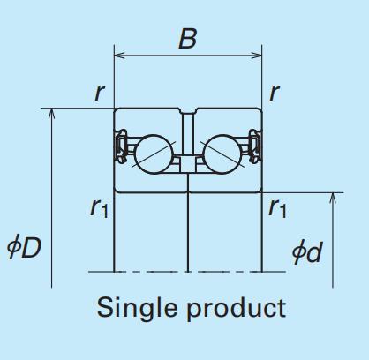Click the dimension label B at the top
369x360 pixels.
pyautogui.click(x=187, y=39)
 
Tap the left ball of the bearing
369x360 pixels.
pyautogui.click(x=154, y=154)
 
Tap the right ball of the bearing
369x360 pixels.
pyautogui.click(x=222, y=154)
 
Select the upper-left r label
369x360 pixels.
pyautogui.click(x=100, y=94)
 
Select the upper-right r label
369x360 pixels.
pyautogui.click(x=275, y=94)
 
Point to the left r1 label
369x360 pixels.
pyautogui.click(x=100, y=208)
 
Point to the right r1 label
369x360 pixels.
pyautogui.click(x=277, y=208)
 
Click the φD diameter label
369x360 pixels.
pyautogui.click(x=24, y=247)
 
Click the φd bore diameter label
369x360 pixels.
pyautogui.click(x=307, y=251)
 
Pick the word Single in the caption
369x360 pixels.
pyautogui.click(x=137, y=308)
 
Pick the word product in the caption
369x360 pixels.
pyautogui.click(x=237, y=309)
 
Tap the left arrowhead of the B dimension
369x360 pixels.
pyautogui.click(x=119, y=55)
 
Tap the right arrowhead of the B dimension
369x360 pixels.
pyautogui.click(x=257, y=55)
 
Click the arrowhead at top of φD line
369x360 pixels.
pyautogui.click(x=51, y=114)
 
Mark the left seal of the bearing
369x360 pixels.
pyautogui.click(x=121, y=146)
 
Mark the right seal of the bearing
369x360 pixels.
pyautogui.click(x=255, y=146)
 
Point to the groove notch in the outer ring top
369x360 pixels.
pyautogui.click(x=188, y=111)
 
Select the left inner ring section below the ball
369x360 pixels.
pyautogui.click(x=151, y=183)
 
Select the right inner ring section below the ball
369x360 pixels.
pyautogui.click(x=225, y=183)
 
